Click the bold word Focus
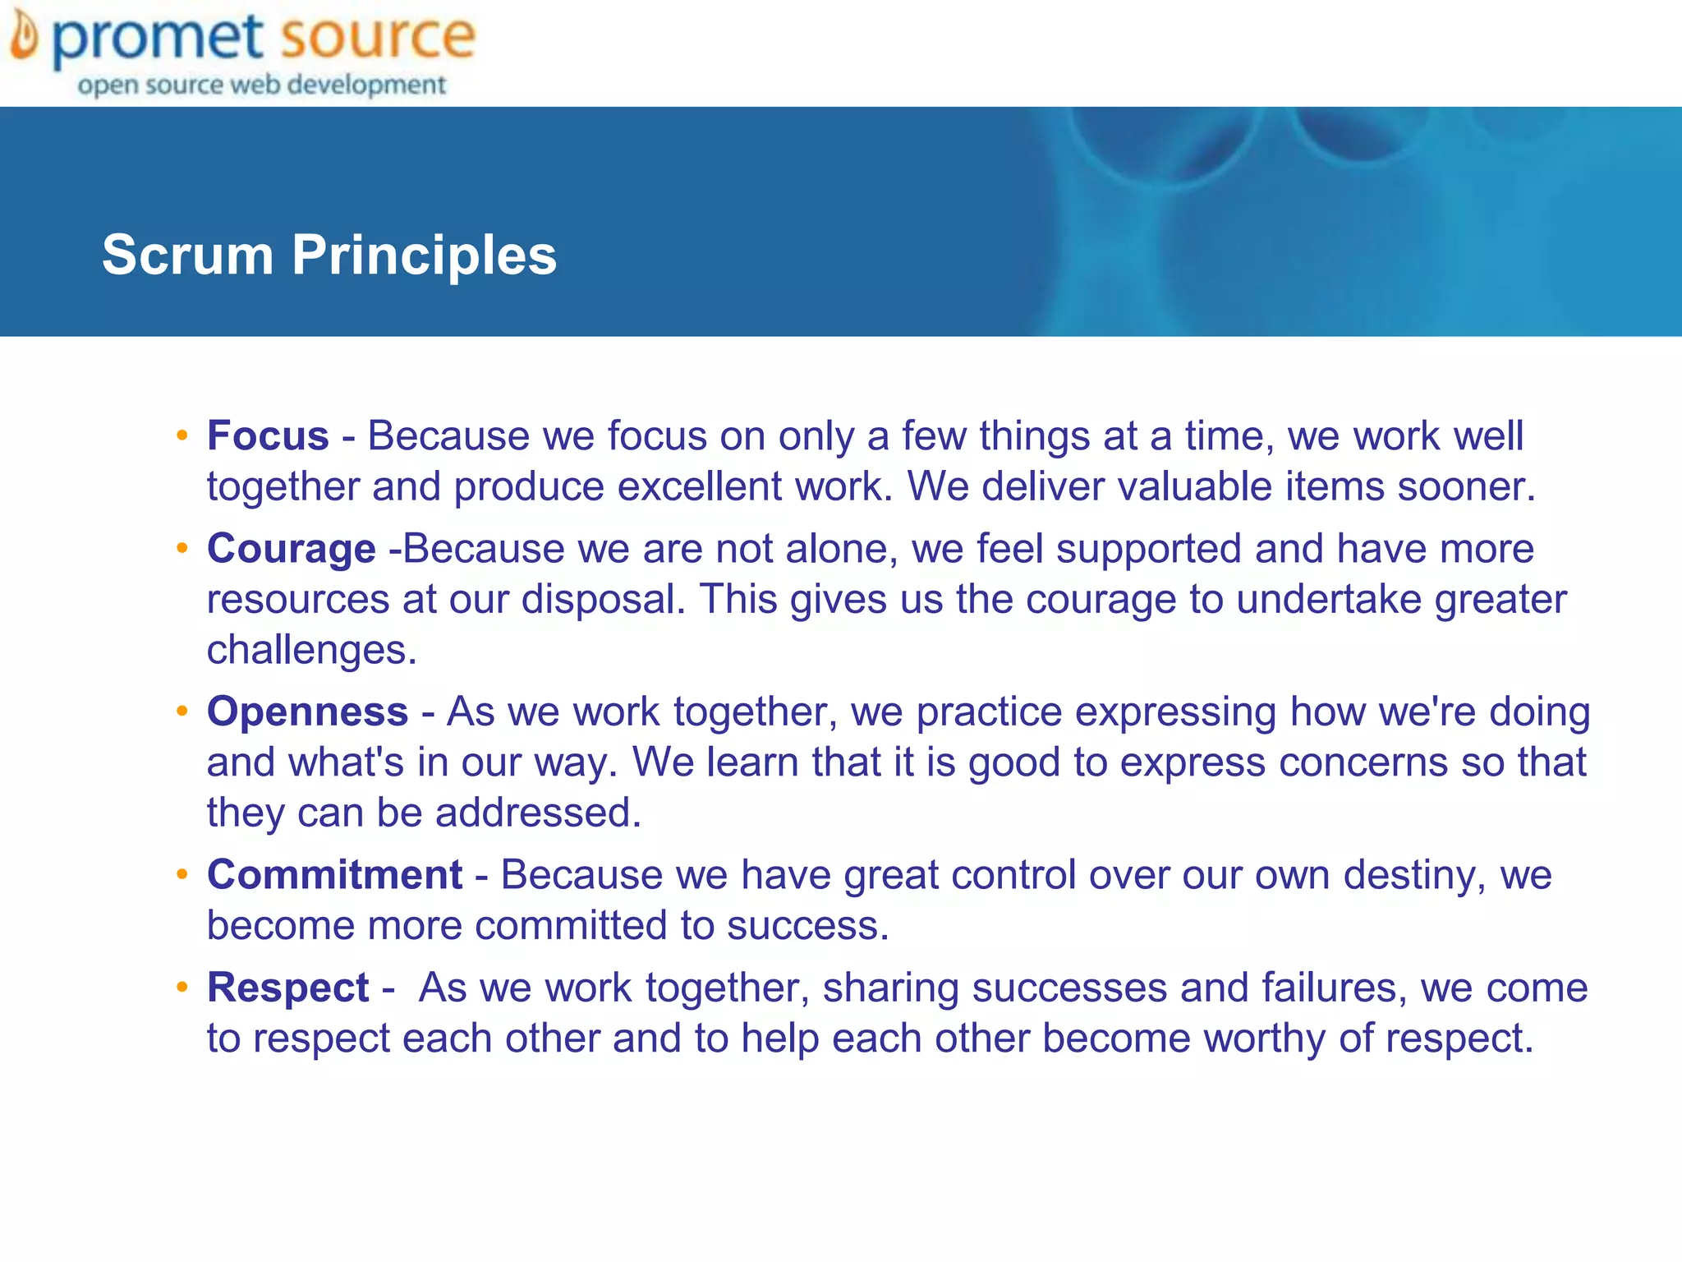(x=268, y=436)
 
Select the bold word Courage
(x=292, y=549)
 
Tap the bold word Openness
(x=307, y=712)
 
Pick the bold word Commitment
(x=335, y=875)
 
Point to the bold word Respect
(x=287, y=988)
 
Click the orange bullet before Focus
(x=182, y=435)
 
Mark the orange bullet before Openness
(x=182, y=711)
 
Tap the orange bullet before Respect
(x=182, y=987)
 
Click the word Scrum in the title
(x=187, y=255)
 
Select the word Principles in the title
(x=424, y=255)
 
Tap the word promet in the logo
(x=158, y=39)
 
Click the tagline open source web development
(x=261, y=85)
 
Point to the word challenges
(x=312, y=651)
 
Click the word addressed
(x=538, y=813)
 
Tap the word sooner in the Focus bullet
(x=1466, y=487)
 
